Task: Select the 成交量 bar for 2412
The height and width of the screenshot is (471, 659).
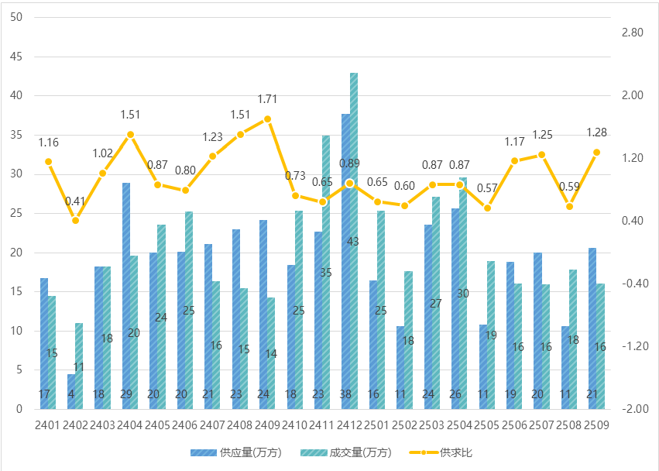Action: coord(354,241)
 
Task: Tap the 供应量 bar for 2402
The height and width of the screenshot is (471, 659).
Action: coord(71,391)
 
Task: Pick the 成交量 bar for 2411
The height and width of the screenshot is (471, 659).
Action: coord(326,272)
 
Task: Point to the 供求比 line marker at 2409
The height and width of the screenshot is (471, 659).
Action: coord(267,119)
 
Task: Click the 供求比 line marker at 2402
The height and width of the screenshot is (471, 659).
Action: coord(76,221)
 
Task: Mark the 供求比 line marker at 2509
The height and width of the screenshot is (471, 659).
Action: coord(596,153)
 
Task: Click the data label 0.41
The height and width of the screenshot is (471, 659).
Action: coord(76,201)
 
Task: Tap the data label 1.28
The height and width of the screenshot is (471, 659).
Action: coord(596,132)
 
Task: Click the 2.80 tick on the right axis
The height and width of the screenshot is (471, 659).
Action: coord(632,33)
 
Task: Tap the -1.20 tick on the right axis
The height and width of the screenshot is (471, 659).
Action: coord(632,346)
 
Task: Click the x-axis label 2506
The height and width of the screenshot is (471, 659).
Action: coord(513,425)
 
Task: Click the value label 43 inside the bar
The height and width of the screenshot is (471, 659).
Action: coord(353,242)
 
